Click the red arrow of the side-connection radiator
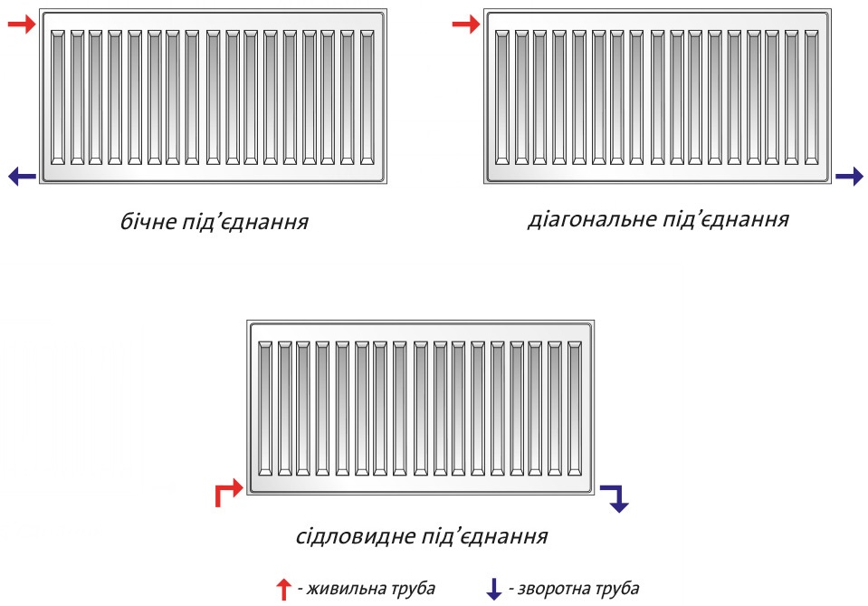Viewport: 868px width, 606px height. pos(21,24)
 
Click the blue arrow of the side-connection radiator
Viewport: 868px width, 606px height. pos(22,176)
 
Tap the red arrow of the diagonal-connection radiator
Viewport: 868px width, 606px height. pos(465,24)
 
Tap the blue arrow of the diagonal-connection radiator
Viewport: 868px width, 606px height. pos(849,177)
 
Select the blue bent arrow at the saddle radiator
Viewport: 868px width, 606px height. pos(615,497)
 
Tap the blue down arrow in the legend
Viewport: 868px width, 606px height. pos(493,590)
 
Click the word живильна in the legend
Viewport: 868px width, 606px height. pos(340,589)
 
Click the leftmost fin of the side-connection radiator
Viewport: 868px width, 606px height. pos(58,98)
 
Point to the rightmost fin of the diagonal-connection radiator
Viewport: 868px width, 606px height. pos(812,98)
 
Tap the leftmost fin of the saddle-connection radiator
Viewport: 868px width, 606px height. pos(265,409)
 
